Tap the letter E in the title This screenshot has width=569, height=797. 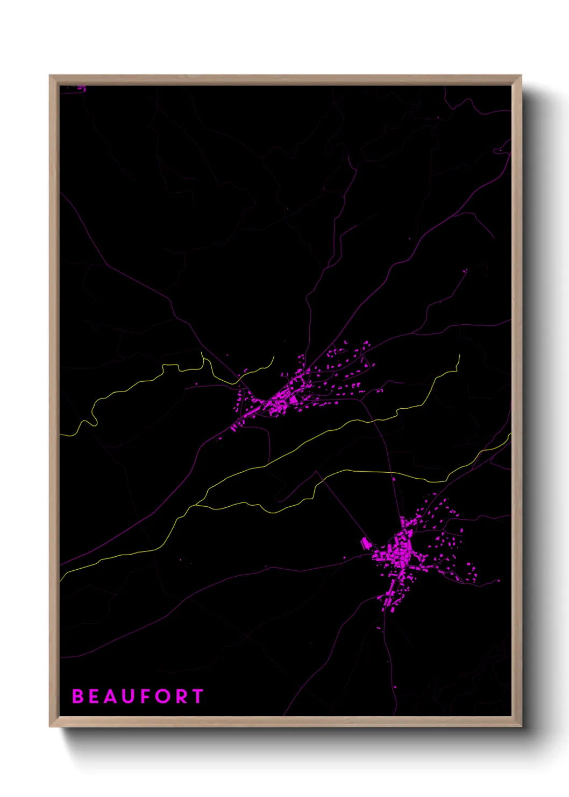(x=94, y=696)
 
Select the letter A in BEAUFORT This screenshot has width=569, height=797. (x=110, y=696)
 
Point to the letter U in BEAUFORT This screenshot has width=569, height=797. (x=128, y=696)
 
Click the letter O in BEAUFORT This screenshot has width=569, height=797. (x=162, y=696)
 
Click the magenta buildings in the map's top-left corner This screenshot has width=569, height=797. (x=81, y=88)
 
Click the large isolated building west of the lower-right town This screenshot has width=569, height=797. (x=366, y=542)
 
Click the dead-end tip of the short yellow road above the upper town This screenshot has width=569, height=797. (x=274, y=356)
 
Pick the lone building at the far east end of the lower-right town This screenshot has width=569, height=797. (x=498, y=580)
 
